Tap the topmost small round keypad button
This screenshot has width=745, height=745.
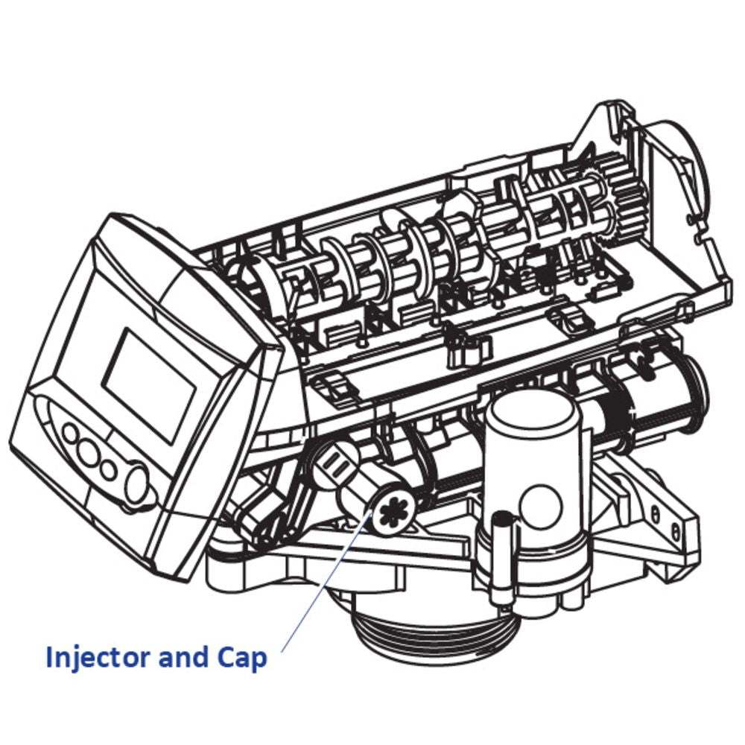click(72, 433)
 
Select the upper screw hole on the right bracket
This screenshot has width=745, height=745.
click(655, 513)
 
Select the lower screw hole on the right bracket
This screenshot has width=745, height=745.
click(675, 532)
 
